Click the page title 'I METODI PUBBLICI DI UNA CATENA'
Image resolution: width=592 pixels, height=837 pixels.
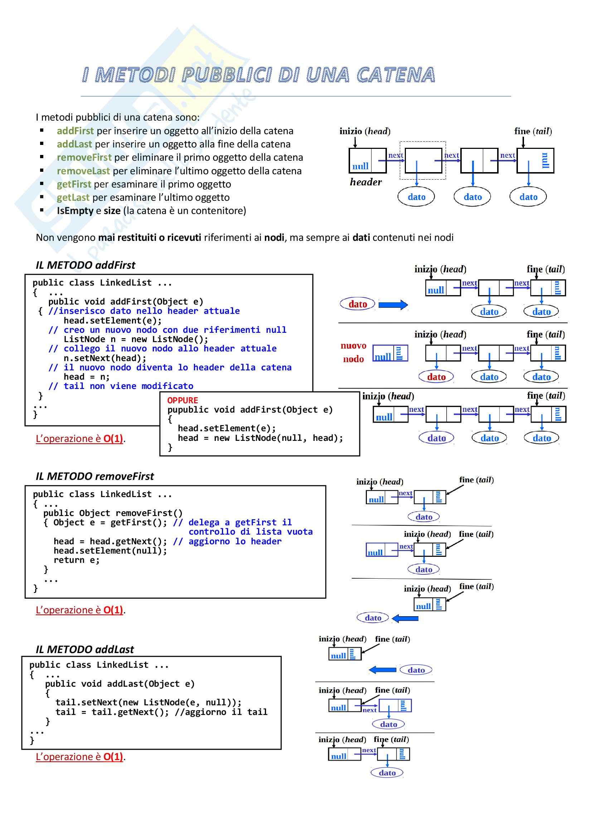[258, 75]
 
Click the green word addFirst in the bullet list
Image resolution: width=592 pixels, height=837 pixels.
[75, 131]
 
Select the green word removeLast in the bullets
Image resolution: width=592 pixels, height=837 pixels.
[83, 171]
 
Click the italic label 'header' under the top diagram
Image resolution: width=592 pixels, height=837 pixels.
[366, 182]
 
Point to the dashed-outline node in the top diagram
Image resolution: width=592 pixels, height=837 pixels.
[422, 160]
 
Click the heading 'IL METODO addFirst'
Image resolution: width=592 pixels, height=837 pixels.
[85, 265]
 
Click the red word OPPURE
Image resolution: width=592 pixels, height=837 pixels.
[183, 400]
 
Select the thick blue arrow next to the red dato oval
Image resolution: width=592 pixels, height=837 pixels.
[393, 305]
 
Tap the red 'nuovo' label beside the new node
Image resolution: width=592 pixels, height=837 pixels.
[353, 346]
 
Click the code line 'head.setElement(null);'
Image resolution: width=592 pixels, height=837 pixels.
[110, 551]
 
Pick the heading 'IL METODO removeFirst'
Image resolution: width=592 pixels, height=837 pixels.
[95, 476]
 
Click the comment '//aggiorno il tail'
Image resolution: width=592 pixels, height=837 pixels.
[221, 712]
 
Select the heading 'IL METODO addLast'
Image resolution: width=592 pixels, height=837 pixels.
[84, 649]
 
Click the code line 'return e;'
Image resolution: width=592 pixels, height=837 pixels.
[77, 560]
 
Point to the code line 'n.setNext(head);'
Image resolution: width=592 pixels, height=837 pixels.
[105, 358]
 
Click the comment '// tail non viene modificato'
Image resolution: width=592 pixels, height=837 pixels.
[121, 386]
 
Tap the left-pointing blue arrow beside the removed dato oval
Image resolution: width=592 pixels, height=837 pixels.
[405, 618]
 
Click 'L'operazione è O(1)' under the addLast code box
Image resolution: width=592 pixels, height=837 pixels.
[79, 757]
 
